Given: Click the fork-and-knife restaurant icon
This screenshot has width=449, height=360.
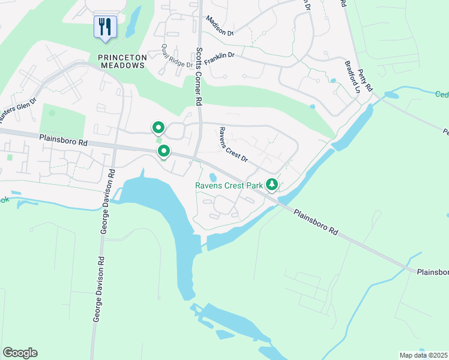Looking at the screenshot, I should (105, 26).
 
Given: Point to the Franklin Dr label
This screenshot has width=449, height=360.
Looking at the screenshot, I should (219, 58).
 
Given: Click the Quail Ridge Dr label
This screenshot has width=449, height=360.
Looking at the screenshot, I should (177, 56).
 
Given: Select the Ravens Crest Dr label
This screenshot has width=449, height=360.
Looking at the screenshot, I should (233, 145).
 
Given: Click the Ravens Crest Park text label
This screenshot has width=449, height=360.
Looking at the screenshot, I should (229, 186).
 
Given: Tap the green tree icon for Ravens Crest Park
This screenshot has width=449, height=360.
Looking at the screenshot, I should (272, 185).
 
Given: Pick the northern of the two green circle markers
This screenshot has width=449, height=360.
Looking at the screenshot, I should (158, 127).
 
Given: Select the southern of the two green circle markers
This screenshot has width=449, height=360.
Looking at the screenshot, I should (163, 151).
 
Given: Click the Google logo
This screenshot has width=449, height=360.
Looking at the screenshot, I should (20, 353).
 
